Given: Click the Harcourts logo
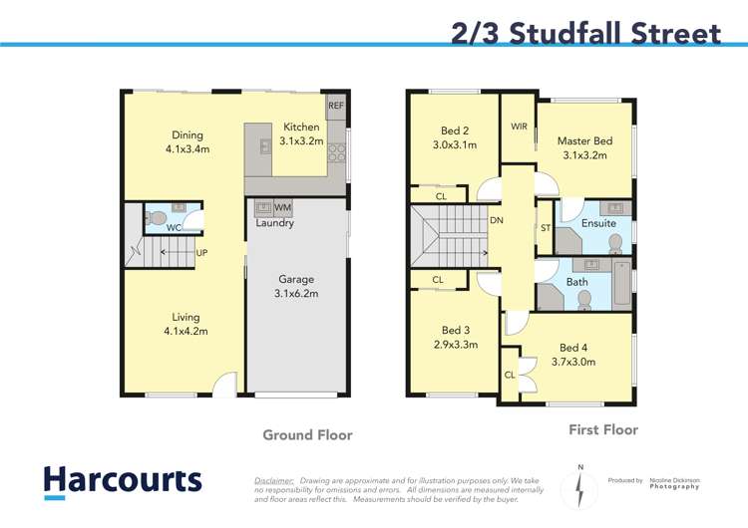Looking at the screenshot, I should [123, 481].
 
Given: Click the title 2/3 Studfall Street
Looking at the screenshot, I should [585, 33].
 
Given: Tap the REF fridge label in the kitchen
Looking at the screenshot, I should [335, 105].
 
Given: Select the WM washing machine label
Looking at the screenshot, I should [282, 207].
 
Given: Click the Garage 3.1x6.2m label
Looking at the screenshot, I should [295, 288].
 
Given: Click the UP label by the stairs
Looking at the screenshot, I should [201, 253].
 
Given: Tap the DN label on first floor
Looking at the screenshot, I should [496, 221].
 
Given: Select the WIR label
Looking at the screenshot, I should [519, 127].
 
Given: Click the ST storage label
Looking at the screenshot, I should [546, 228].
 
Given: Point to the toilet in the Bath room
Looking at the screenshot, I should [584, 298].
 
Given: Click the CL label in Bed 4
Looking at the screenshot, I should [510, 375].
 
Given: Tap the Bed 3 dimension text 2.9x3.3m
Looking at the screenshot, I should [455, 346].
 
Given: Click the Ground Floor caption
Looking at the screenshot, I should [307, 435].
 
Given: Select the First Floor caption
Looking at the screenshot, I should [602, 430].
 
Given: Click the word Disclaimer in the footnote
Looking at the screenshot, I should [274, 480].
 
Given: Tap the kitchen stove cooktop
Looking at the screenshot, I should [336, 152].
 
